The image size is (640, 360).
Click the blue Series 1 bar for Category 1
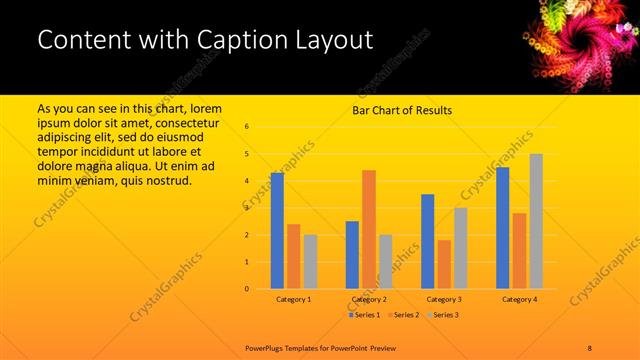tap(277, 231)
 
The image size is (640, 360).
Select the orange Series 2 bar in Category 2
tap(369, 229)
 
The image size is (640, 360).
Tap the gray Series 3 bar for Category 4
tap(536, 221)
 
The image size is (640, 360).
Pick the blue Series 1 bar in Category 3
tap(428, 241)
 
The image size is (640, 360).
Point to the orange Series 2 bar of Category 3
tap(444, 264)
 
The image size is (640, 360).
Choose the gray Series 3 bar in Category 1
tap(310, 262)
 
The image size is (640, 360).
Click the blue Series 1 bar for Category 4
tap(503, 228)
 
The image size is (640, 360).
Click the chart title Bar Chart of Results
tap(402, 110)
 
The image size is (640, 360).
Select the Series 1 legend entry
tap(364, 315)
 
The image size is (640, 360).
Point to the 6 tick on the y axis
tap(248, 127)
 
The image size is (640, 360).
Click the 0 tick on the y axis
tap(248, 289)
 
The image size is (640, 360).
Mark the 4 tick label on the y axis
tap(248, 181)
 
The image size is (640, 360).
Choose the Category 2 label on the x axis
tap(370, 299)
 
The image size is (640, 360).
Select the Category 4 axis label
tap(519, 299)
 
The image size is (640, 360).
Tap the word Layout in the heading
tap(337, 40)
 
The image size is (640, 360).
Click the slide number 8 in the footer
tap(590, 346)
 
